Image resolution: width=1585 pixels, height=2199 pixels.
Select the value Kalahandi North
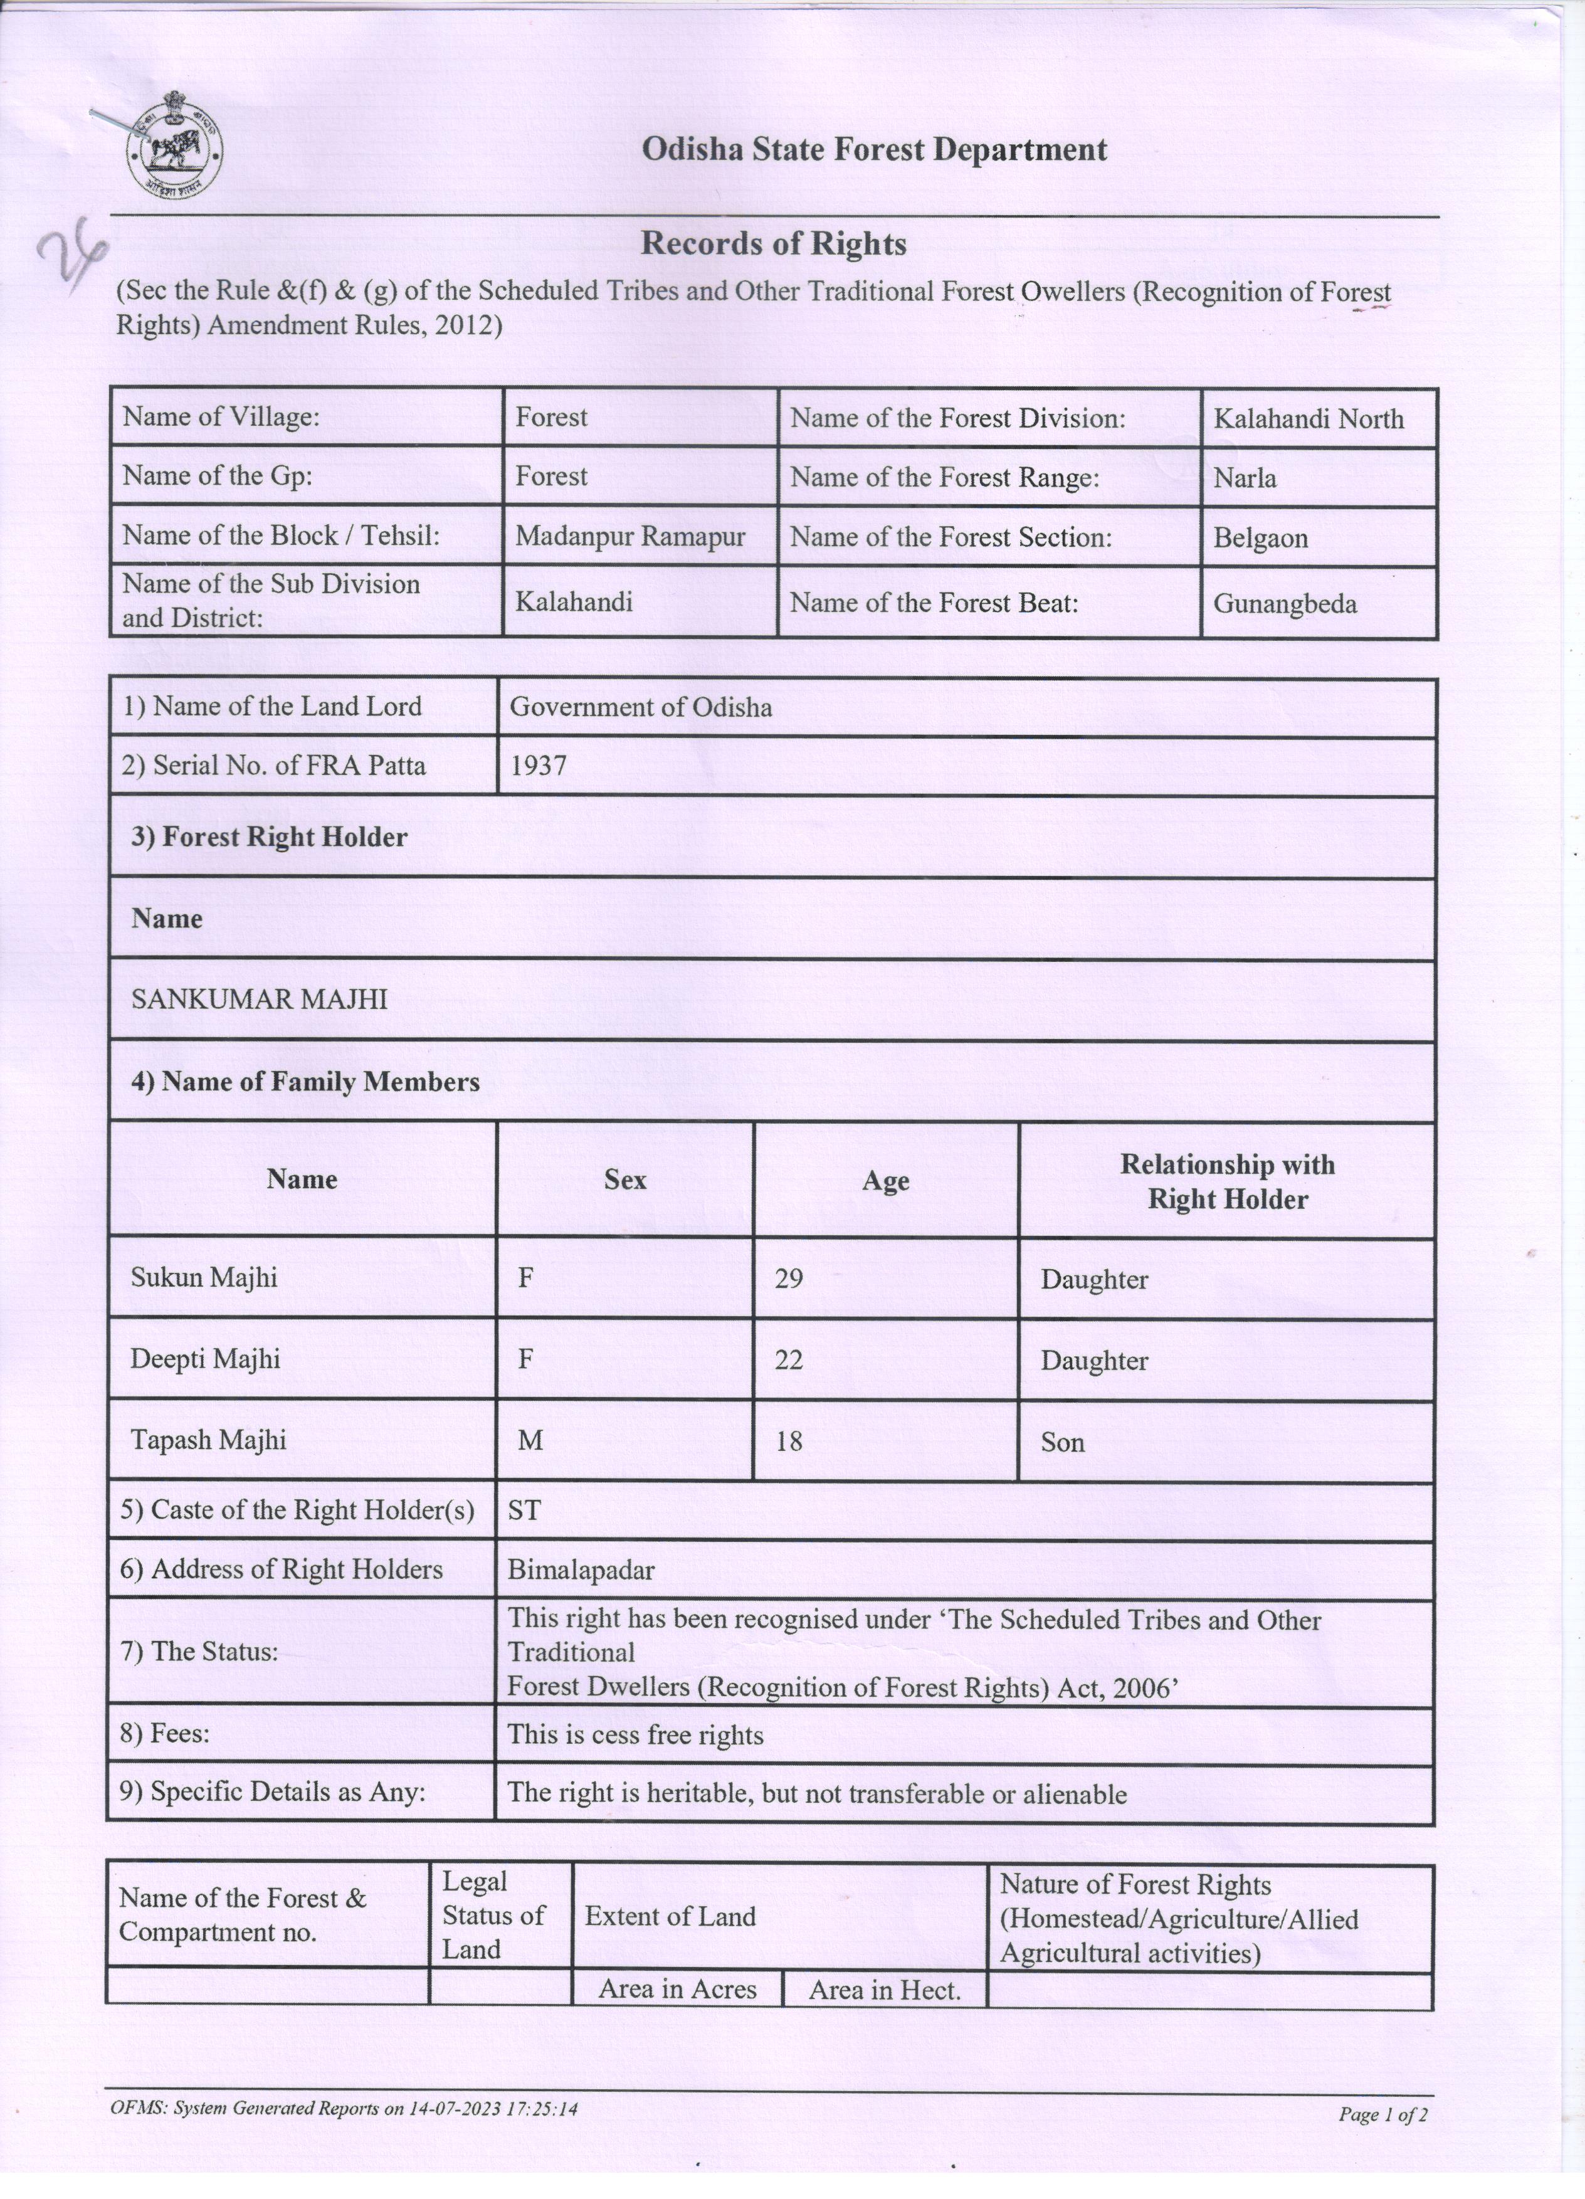tap(1308, 419)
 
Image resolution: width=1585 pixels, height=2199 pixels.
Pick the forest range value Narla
tap(1245, 478)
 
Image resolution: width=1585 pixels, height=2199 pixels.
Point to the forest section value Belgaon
tap(1260, 538)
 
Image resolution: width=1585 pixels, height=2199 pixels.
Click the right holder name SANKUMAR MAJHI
tap(259, 999)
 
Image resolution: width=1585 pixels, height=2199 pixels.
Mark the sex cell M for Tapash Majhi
tap(529, 1441)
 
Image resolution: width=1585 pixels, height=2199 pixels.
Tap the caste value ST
tap(524, 1510)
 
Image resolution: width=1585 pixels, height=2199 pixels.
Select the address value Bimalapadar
tap(581, 1569)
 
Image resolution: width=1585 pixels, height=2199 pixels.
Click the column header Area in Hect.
tap(884, 1991)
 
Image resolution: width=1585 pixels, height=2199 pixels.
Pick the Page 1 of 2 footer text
tap(1382, 2114)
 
